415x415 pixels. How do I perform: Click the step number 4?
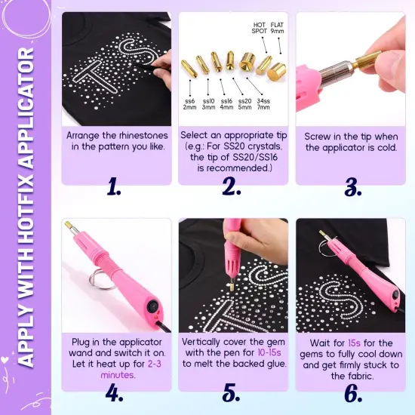click(113, 393)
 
